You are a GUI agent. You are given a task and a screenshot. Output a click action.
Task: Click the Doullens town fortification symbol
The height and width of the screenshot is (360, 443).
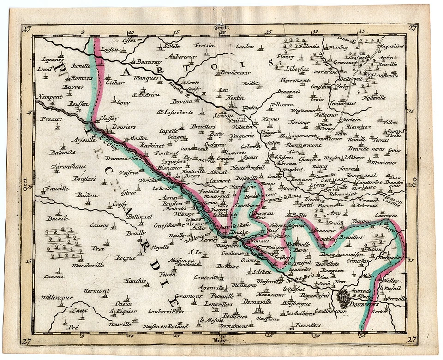tap(343, 298)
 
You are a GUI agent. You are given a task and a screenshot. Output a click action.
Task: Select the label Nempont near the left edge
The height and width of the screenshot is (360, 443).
tap(48, 98)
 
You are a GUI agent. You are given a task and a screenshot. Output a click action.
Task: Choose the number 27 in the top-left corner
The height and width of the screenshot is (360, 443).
tap(26, 29)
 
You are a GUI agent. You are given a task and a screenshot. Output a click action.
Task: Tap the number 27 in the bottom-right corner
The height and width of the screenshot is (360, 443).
tap(412, 340)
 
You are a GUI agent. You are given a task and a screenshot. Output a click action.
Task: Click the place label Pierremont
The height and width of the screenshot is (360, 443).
tap(294, 80)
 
